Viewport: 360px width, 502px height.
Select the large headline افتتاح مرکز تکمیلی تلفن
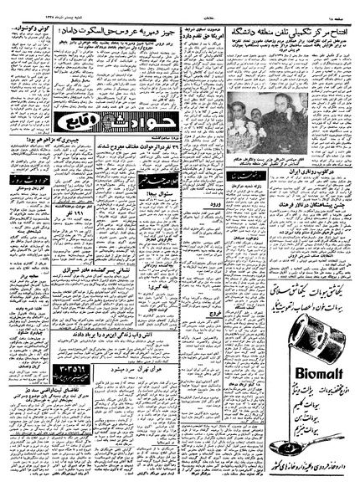(x=286, y=33)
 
